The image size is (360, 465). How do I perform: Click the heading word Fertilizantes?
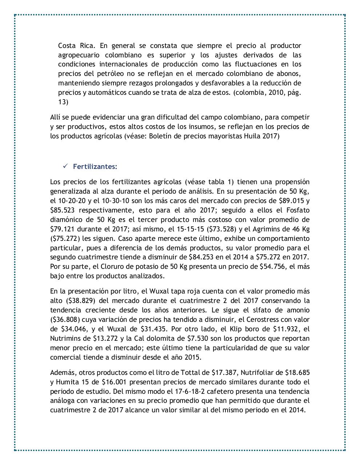click(x=95, y=166)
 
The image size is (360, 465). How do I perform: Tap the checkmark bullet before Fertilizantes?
click(x=65, y=166)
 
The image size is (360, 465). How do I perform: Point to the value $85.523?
click(x=63, y=210)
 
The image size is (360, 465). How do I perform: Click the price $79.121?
click(x=63, y=229)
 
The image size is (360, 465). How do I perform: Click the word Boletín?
click(x=161, y=137)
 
